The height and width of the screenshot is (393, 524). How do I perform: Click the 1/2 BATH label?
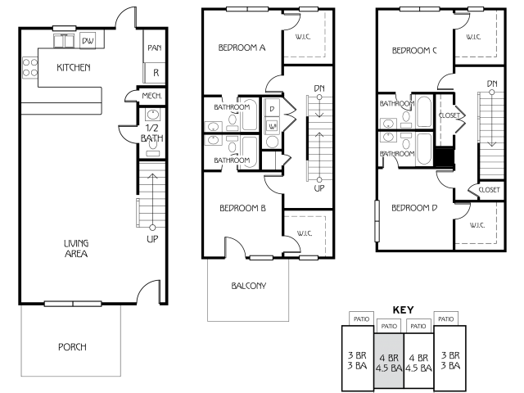151,133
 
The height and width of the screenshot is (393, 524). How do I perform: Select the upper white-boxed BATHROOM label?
232,107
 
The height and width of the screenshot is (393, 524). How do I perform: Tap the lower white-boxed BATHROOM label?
232,160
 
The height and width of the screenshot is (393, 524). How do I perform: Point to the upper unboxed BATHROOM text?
397,104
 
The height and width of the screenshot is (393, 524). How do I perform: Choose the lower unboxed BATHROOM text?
397,154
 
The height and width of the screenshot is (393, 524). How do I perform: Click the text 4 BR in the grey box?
389,359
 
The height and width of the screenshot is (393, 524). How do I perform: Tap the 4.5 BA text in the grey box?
389,369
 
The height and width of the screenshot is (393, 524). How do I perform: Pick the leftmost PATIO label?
361,318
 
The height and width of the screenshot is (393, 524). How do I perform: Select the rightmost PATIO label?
445,318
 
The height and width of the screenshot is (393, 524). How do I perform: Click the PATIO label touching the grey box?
389,326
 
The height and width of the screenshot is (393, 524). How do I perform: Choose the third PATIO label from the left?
418,326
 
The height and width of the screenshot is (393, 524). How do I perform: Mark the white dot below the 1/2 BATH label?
152,228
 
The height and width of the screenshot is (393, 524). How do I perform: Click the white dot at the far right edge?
492,93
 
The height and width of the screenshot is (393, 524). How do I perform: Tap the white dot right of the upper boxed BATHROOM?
319,97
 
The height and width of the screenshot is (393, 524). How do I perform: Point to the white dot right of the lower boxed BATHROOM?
319,180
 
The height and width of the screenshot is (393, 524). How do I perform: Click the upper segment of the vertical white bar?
377,210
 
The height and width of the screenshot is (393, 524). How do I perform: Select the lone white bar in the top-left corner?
64,29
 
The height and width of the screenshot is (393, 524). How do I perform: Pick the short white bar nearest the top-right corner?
476,9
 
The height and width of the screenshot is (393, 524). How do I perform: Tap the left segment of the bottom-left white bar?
59,304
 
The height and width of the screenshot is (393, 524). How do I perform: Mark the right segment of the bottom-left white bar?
88,304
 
